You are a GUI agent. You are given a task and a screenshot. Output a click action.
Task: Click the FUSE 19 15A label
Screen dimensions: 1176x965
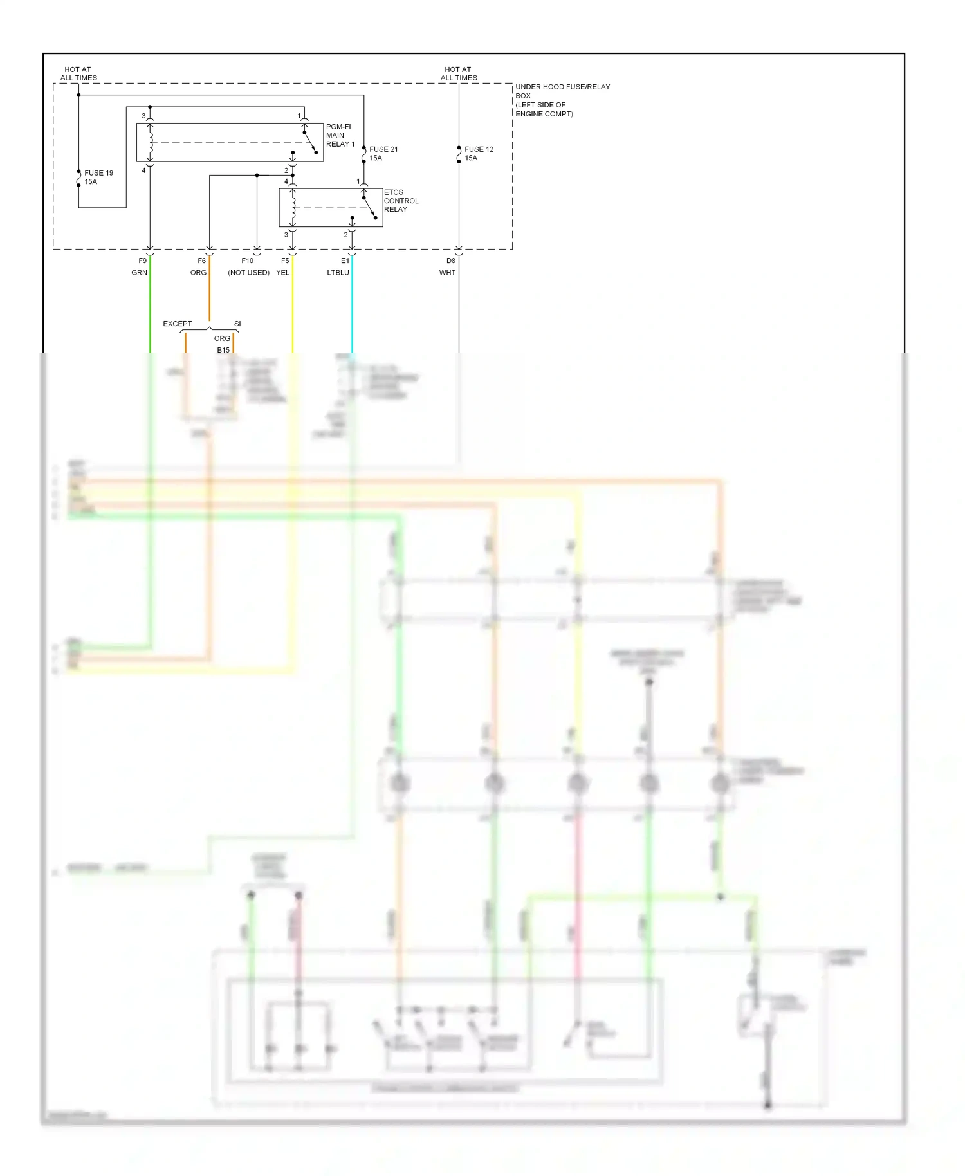[98, 178]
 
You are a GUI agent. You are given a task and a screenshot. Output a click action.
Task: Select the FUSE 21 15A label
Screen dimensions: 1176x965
[383, 153]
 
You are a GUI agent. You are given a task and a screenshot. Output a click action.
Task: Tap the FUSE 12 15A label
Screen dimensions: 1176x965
[479, 153]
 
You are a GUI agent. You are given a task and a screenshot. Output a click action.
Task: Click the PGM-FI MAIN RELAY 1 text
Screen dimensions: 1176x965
[340, 135]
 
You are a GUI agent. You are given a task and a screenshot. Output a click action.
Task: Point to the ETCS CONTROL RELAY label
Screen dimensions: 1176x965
[401, 201]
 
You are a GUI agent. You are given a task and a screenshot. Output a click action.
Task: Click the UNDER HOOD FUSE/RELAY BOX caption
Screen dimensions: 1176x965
[562, 100]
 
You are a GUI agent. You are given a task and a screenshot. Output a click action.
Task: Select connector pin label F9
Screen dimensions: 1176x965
[143, 261]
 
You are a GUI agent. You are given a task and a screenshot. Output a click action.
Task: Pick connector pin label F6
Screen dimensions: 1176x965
[202, 261]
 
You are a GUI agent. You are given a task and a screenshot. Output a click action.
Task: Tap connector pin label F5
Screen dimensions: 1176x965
[285, 261]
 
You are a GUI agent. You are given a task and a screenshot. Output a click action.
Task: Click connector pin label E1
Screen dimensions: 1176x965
[345, 261]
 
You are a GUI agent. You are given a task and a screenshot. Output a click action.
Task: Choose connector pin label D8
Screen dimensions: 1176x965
[451, 261]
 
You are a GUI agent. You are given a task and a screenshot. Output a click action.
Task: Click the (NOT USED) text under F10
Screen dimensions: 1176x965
[248, 273]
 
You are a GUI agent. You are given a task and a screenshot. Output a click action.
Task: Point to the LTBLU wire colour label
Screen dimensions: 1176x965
[338, 273]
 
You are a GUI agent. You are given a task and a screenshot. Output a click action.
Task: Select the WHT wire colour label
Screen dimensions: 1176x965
[447, 273]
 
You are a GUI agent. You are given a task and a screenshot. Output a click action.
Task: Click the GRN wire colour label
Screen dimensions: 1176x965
[139, 273]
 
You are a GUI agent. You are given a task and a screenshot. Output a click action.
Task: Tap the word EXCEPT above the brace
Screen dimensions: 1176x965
[177, 324]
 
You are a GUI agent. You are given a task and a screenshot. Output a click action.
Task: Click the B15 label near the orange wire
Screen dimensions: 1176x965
[223, 350]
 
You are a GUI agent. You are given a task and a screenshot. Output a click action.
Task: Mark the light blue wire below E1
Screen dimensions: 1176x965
[352, 309]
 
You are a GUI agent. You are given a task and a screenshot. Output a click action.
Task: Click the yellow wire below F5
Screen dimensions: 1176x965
[293, 309]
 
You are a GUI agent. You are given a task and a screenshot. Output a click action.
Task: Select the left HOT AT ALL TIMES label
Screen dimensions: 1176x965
[78, 73]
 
